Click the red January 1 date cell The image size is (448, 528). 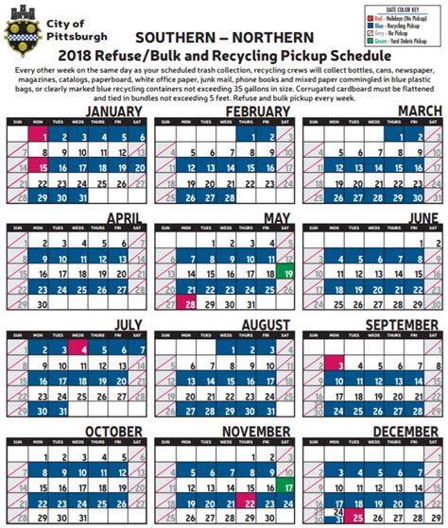(x=39, y=138)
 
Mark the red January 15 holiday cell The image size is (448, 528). (x=39, y=167)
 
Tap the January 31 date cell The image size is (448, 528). (x=81, y=196)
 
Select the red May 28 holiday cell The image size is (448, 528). (x=191, y=304)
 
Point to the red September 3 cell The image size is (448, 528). (x=336, y=364)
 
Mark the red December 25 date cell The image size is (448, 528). (x=357, y=518)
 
